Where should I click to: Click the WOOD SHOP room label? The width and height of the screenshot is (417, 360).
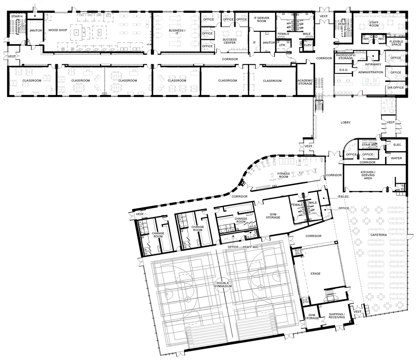click(x=58, y=30)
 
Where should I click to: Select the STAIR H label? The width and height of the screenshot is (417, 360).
click(x=17, y=16)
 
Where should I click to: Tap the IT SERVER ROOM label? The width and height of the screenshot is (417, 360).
click(x=262, y=20)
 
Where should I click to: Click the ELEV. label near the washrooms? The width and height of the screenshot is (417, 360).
click(x=308, y=45)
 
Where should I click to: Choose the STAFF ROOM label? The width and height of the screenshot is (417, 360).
click(x=374, y=23)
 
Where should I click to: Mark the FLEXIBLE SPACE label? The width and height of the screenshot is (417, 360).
click(x=396, y=43)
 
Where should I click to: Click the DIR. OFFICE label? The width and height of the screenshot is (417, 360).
click(x=395, y=88)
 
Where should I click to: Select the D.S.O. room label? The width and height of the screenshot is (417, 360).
click(x=344, y=70)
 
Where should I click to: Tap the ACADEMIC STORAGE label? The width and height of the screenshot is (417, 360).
click(x=305, y=82)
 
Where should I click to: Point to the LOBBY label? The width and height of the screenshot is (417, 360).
click(x=345, y=123)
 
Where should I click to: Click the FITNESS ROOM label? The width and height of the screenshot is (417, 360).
click(x=283, y=175)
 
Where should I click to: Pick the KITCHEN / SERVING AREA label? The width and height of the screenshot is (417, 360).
click(x=367, y=175)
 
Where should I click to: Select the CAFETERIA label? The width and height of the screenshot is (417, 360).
click(x=379, y=235)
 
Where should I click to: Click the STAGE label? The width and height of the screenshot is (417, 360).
click(x=315, y=274)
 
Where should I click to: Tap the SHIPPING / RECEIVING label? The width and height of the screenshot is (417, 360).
click(x=337, y=316)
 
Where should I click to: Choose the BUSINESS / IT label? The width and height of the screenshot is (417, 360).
click(x=177, y=32)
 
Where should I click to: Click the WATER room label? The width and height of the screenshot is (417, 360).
click(x=396, y=158)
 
